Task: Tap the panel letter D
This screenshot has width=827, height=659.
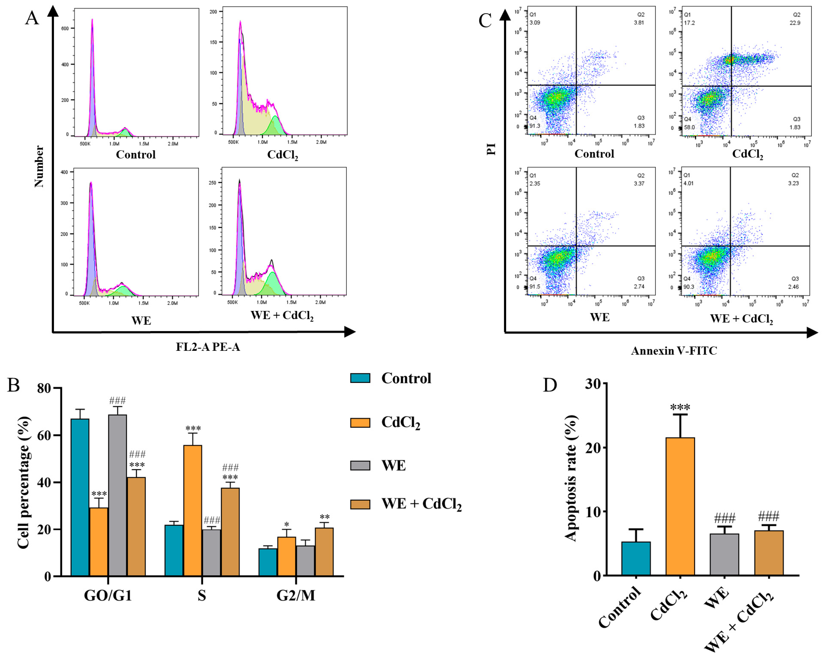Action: coord(550,385)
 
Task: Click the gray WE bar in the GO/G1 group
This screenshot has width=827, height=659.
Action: coord(117,495)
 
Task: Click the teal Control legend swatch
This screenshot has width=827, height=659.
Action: coord(360,378)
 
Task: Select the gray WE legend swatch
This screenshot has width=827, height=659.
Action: coord(360,466)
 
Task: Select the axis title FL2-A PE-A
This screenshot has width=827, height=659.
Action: coord(208,347)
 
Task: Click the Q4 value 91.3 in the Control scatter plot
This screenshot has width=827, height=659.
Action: coord(535,126)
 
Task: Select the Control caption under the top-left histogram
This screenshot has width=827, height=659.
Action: coord(136,155)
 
